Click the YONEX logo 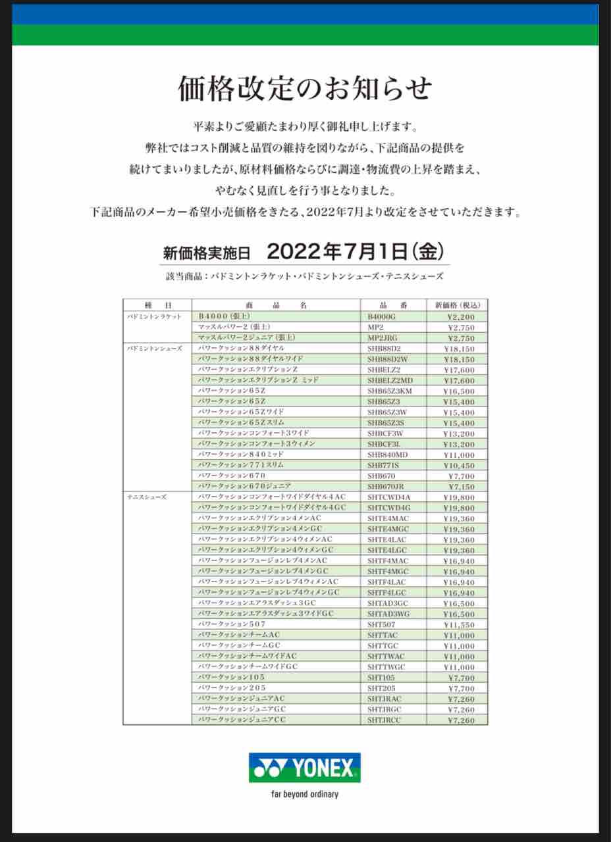tap(305, 768)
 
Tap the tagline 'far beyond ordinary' tap(305, 794)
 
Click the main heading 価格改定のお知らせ tap(305, 89)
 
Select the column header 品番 tap(393, 305)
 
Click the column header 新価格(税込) tap(457, 305)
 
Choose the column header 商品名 tap(276, 305)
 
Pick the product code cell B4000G tap(383, 316)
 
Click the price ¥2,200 tap(460, 316)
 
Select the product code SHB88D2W tap(388, 359)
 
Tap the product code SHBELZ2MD tap(390, 380)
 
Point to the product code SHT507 tap(381, 625)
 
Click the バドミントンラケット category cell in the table tap(155, 316)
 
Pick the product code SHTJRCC tap(384, 720)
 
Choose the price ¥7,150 tap(460, 487)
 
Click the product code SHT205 tap(381, 688)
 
